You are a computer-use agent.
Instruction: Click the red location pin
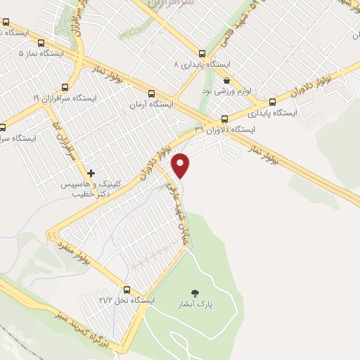181,165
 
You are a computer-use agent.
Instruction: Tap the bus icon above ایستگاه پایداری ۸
202,53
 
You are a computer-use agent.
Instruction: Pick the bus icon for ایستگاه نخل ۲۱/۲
127,289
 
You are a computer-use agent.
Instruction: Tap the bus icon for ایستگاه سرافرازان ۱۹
65,87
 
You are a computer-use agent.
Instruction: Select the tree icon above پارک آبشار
195,292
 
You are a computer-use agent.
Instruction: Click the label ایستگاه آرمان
150,104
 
